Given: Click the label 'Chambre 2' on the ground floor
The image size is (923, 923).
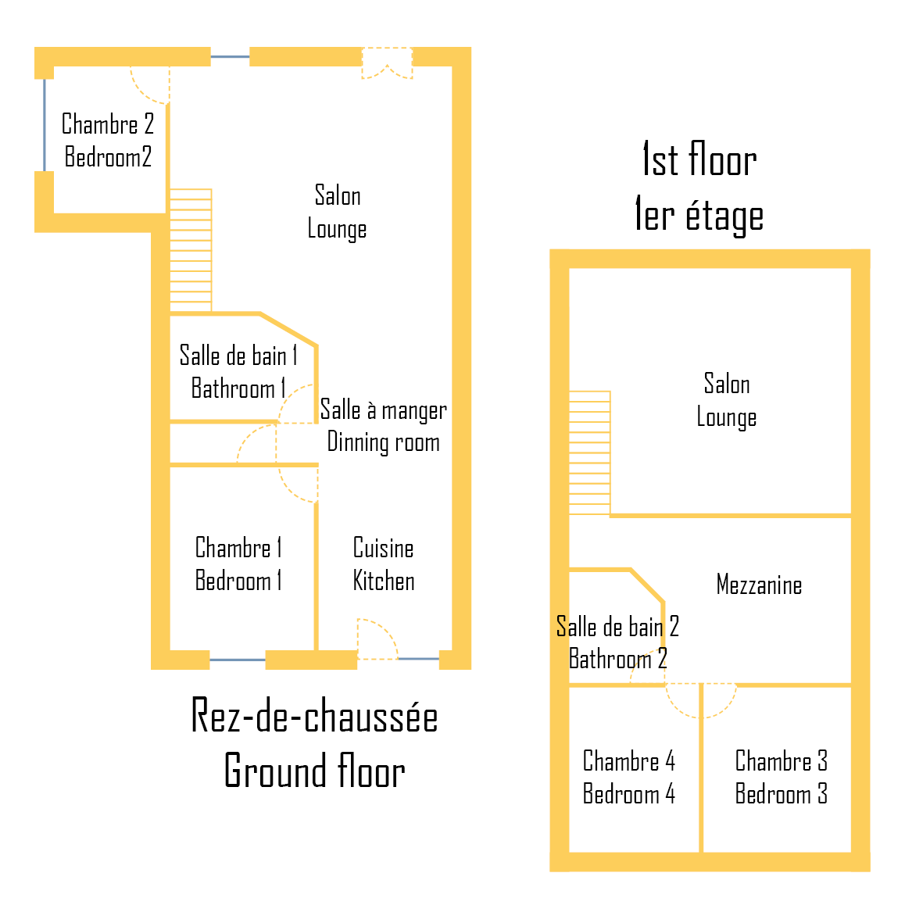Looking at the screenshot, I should pyautogui.click(x=108, y=124).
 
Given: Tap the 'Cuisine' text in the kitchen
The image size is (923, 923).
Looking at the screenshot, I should pyautogui.click(x=383, y=548).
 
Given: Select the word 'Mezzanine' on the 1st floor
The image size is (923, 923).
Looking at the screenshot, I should pyautogui.click(x=759, y=585).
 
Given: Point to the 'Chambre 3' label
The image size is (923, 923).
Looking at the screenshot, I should pyautogui.click(x=781, y=760).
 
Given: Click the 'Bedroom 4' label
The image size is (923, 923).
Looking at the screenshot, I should pyautogui.click(x=628, y=794).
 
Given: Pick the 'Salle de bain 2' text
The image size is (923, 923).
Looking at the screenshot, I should pyautogui.click(x=617, y=626).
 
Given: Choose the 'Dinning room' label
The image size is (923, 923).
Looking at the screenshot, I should pyautogui.click(x=383, y=442).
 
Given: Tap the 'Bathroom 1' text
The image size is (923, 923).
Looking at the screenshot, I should pyautogui.click(x=238, y=388).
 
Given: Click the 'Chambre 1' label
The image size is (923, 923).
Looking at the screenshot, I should pyautogui.click(x=238, y=547).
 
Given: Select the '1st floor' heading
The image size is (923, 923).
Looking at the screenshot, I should pyautogui.click(x=699, y=160).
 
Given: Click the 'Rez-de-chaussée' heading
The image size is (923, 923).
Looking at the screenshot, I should pyautogui.click(x=314, y=716).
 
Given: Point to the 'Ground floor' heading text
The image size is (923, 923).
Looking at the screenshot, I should pyautogui.click(x=314, y=771).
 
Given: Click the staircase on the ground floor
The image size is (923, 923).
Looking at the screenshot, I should pyautogui.click(x=191, y=250).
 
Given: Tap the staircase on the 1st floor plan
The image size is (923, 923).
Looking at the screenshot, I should pyautogui.click(x=589, y=453).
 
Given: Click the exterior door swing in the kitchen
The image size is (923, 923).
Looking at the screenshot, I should pyautogui.click(x=376, y=639).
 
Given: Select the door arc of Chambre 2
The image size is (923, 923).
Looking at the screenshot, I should pyautogui.click(x=150, y=84).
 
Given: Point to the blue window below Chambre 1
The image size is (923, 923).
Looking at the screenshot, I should pyautogui.click(x=238, y=660).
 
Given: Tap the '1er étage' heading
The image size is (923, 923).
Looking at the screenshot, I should pyautogui.click(x=699, y=216).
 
